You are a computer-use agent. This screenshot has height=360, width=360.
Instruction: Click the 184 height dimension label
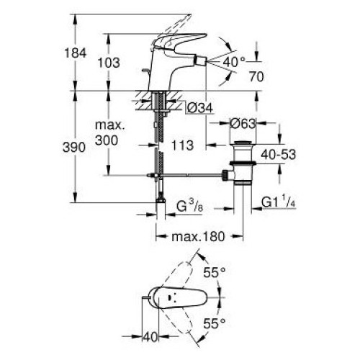click(76, 53)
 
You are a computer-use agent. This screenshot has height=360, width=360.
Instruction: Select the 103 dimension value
click(109, 63)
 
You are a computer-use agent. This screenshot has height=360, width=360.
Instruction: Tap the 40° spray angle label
click(234, 62)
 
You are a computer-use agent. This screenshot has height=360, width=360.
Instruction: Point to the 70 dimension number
click(256, 77)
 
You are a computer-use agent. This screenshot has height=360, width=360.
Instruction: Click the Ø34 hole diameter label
click(200, 108)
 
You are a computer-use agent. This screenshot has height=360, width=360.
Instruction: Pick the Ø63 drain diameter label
click(243, 124)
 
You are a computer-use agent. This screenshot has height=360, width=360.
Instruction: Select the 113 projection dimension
click(182, 145)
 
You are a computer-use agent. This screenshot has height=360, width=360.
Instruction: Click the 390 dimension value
click(74, 147)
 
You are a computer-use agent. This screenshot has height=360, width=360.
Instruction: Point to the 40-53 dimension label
click(279, 155)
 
